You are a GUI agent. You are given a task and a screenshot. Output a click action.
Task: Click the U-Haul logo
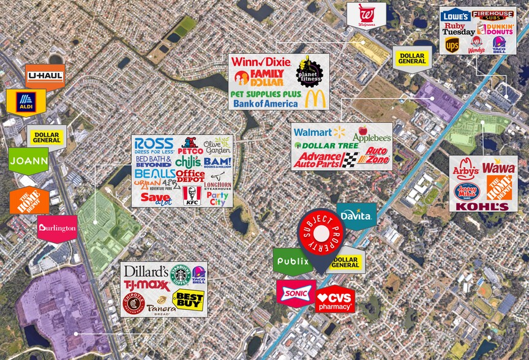tap(45, 77)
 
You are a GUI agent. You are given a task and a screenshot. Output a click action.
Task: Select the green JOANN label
tap(28, 161)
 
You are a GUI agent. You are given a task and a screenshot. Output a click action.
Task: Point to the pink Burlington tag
tap(57, 228)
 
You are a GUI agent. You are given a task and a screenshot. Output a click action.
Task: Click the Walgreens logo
tap(366, 15)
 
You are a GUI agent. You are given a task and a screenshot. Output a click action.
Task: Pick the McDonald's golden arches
tap(316, 99)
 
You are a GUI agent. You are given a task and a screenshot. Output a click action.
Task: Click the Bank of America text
tap(265, 103)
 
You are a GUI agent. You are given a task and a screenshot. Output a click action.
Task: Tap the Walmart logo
tap(320, 132)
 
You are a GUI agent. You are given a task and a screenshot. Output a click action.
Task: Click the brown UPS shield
tap(452, 45)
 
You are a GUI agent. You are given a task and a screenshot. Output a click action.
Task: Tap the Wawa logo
tap(499, 167)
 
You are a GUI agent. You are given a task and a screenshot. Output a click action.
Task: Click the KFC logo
tap(192, 196)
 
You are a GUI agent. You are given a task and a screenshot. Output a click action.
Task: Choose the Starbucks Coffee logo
tap(180, 275)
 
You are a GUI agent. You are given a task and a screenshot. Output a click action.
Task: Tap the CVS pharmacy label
tap(335, 299)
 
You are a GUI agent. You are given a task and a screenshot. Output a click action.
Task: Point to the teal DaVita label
tap(356, 216)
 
